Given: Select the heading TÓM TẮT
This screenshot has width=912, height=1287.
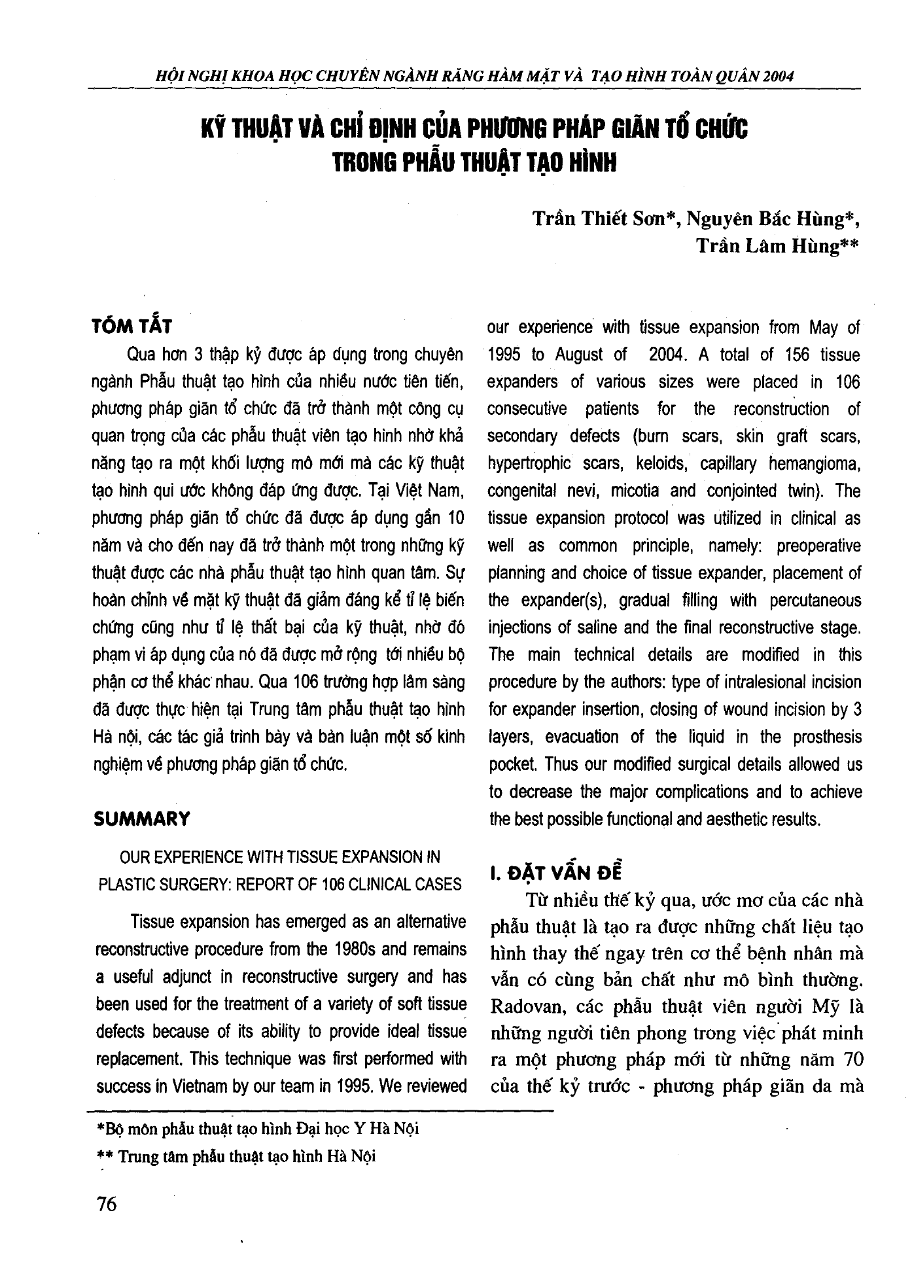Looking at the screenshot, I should tap(133, 326).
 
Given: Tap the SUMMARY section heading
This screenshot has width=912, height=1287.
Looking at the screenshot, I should tap(141, 819).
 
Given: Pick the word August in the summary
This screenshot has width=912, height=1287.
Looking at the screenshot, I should tap(579, 355).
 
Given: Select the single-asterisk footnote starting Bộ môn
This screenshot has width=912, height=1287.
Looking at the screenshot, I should tap(257, 1129).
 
